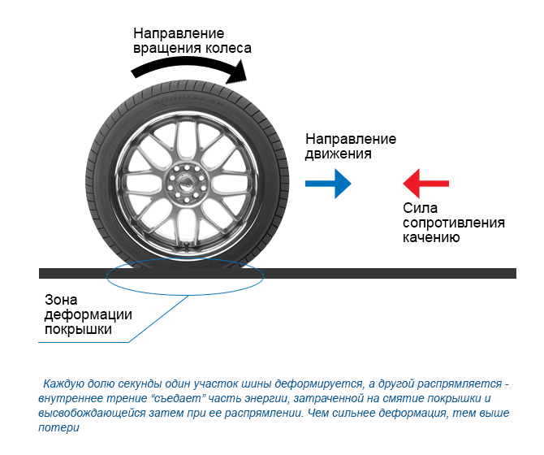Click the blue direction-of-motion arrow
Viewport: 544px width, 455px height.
point(328,184)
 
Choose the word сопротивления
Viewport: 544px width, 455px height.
point(454,223)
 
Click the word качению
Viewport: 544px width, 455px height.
point(431,237)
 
